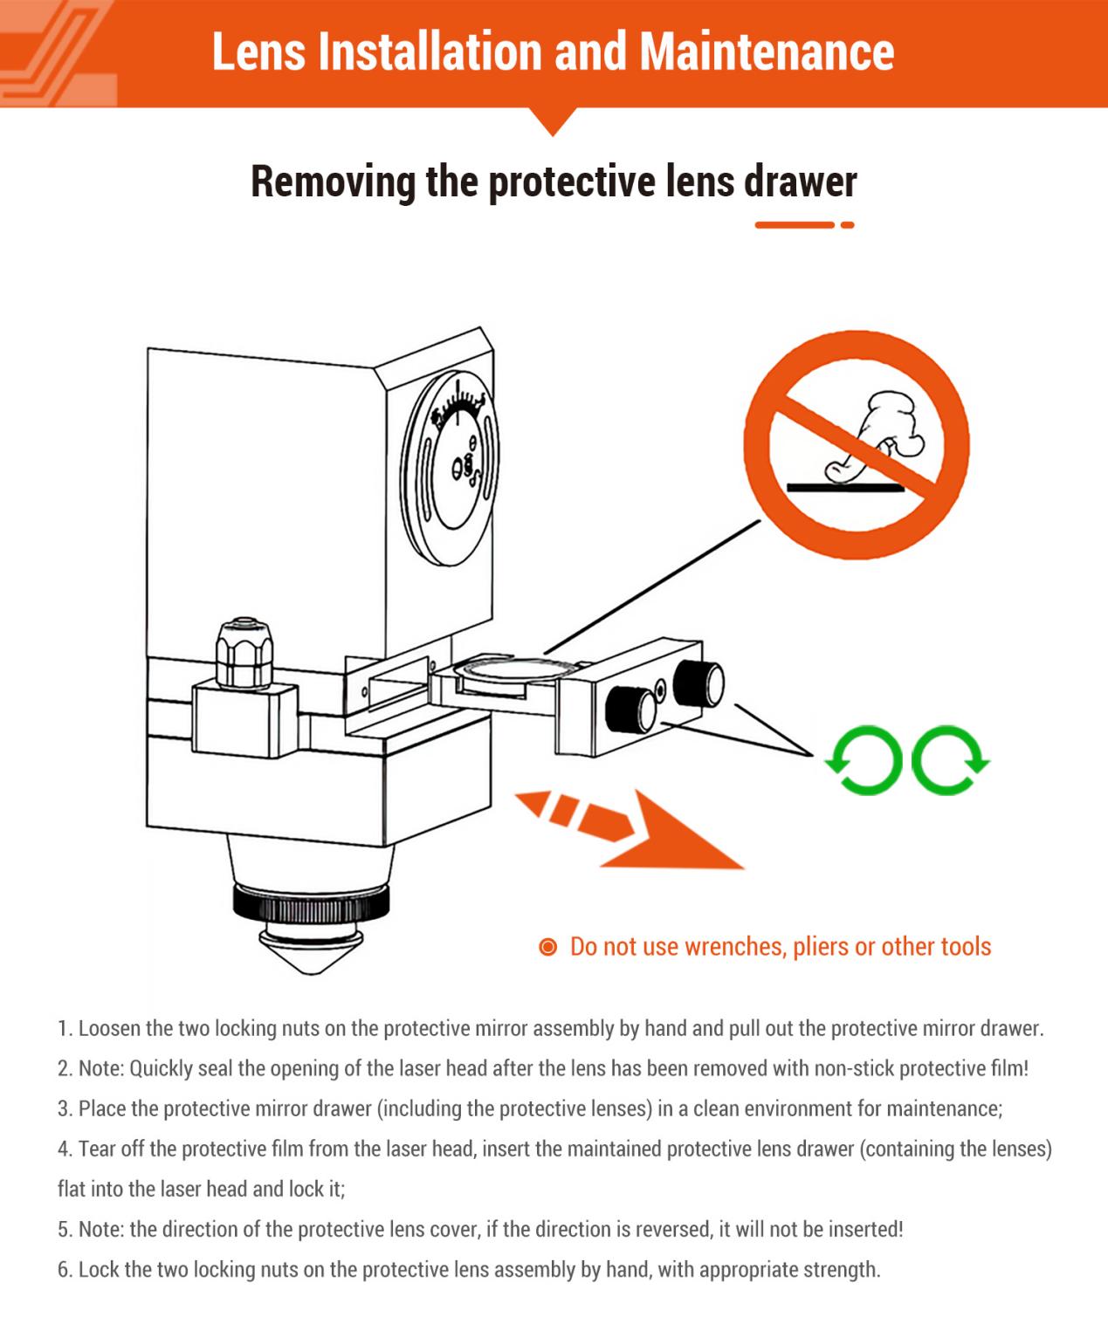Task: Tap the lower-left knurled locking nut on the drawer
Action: click(x=630, y=708)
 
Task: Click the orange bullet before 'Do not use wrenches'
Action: click(x=547, y=947)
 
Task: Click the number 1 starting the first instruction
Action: click(x=63, y=1029)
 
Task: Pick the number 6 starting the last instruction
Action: click(x=64, y=1270)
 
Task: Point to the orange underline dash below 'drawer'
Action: click(x=795, y=225)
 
